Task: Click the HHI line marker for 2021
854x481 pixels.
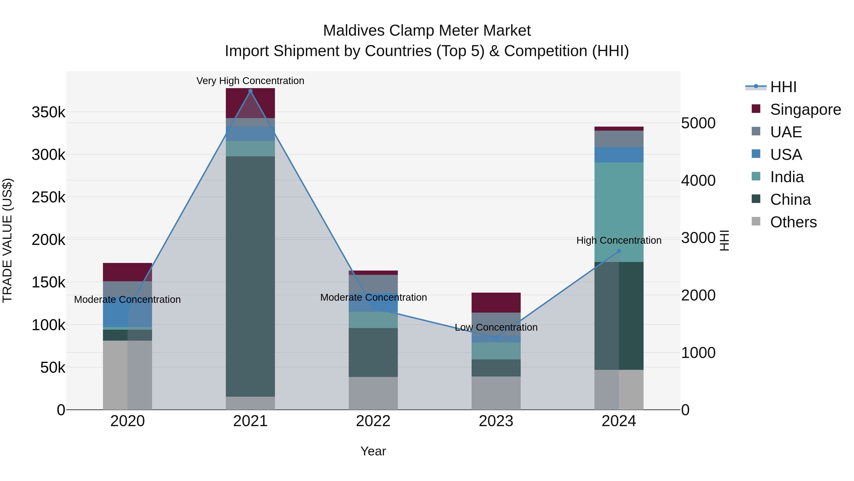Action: pos(250,91)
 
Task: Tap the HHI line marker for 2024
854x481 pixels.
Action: pos(619,251)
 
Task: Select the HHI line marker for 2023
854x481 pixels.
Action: pos(496,338)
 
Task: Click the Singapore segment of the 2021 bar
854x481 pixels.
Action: pos(250,103)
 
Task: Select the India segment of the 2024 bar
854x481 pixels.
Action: pos(619,212)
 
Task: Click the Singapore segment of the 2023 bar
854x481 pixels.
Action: pos(496,302)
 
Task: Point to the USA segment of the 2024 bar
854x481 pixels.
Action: pos(619,155)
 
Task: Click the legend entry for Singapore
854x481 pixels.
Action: pos(805,110)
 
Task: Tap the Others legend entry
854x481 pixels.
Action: pos(793,222)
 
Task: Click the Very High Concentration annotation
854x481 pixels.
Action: pos(250,81)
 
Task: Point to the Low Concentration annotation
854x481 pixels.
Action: pos(496,327)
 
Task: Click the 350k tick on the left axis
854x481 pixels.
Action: pos(48,112)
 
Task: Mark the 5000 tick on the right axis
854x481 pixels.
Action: pos(698,123)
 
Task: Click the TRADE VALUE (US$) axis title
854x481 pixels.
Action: pos(7,240)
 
